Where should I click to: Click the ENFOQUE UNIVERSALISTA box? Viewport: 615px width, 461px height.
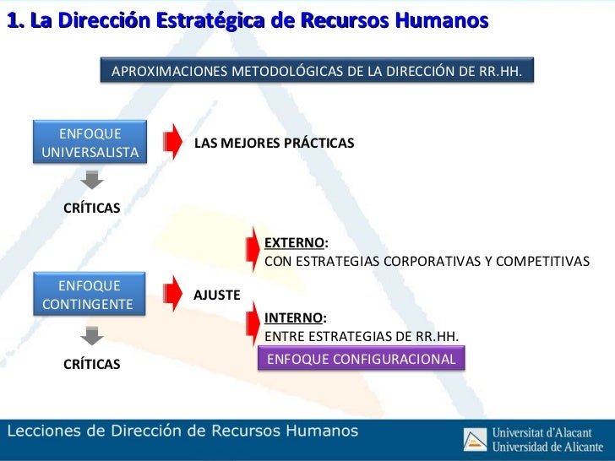click(90, 144)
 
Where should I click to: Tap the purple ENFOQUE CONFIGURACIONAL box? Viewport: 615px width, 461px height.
click(362, 360)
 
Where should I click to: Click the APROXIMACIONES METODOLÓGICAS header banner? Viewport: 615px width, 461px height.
click(317, 73)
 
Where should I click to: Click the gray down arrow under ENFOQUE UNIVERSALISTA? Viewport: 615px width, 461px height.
click(92, 180)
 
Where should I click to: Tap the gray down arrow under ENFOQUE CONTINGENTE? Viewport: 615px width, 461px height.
click(92, 336)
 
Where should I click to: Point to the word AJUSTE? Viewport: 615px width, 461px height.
click(217, 295)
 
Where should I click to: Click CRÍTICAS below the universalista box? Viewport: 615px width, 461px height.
click(92, 208)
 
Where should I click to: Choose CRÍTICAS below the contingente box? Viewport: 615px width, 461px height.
click(92, 364)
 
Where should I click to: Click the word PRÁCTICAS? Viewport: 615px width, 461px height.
click(318, 144)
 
